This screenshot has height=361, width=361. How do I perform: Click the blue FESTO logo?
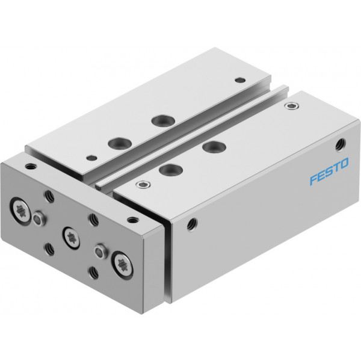pos(329,171)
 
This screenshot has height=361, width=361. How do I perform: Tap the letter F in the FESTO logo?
pos(314,179)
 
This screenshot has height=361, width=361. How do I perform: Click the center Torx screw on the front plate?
pos(71,238)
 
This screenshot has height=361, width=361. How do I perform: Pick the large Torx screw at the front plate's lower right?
pos(122,265)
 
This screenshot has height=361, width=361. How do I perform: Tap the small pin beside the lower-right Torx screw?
pos(100,251)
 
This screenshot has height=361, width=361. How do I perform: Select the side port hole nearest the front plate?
pos(192,224)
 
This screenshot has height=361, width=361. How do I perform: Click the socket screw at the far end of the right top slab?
pos(292,106)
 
